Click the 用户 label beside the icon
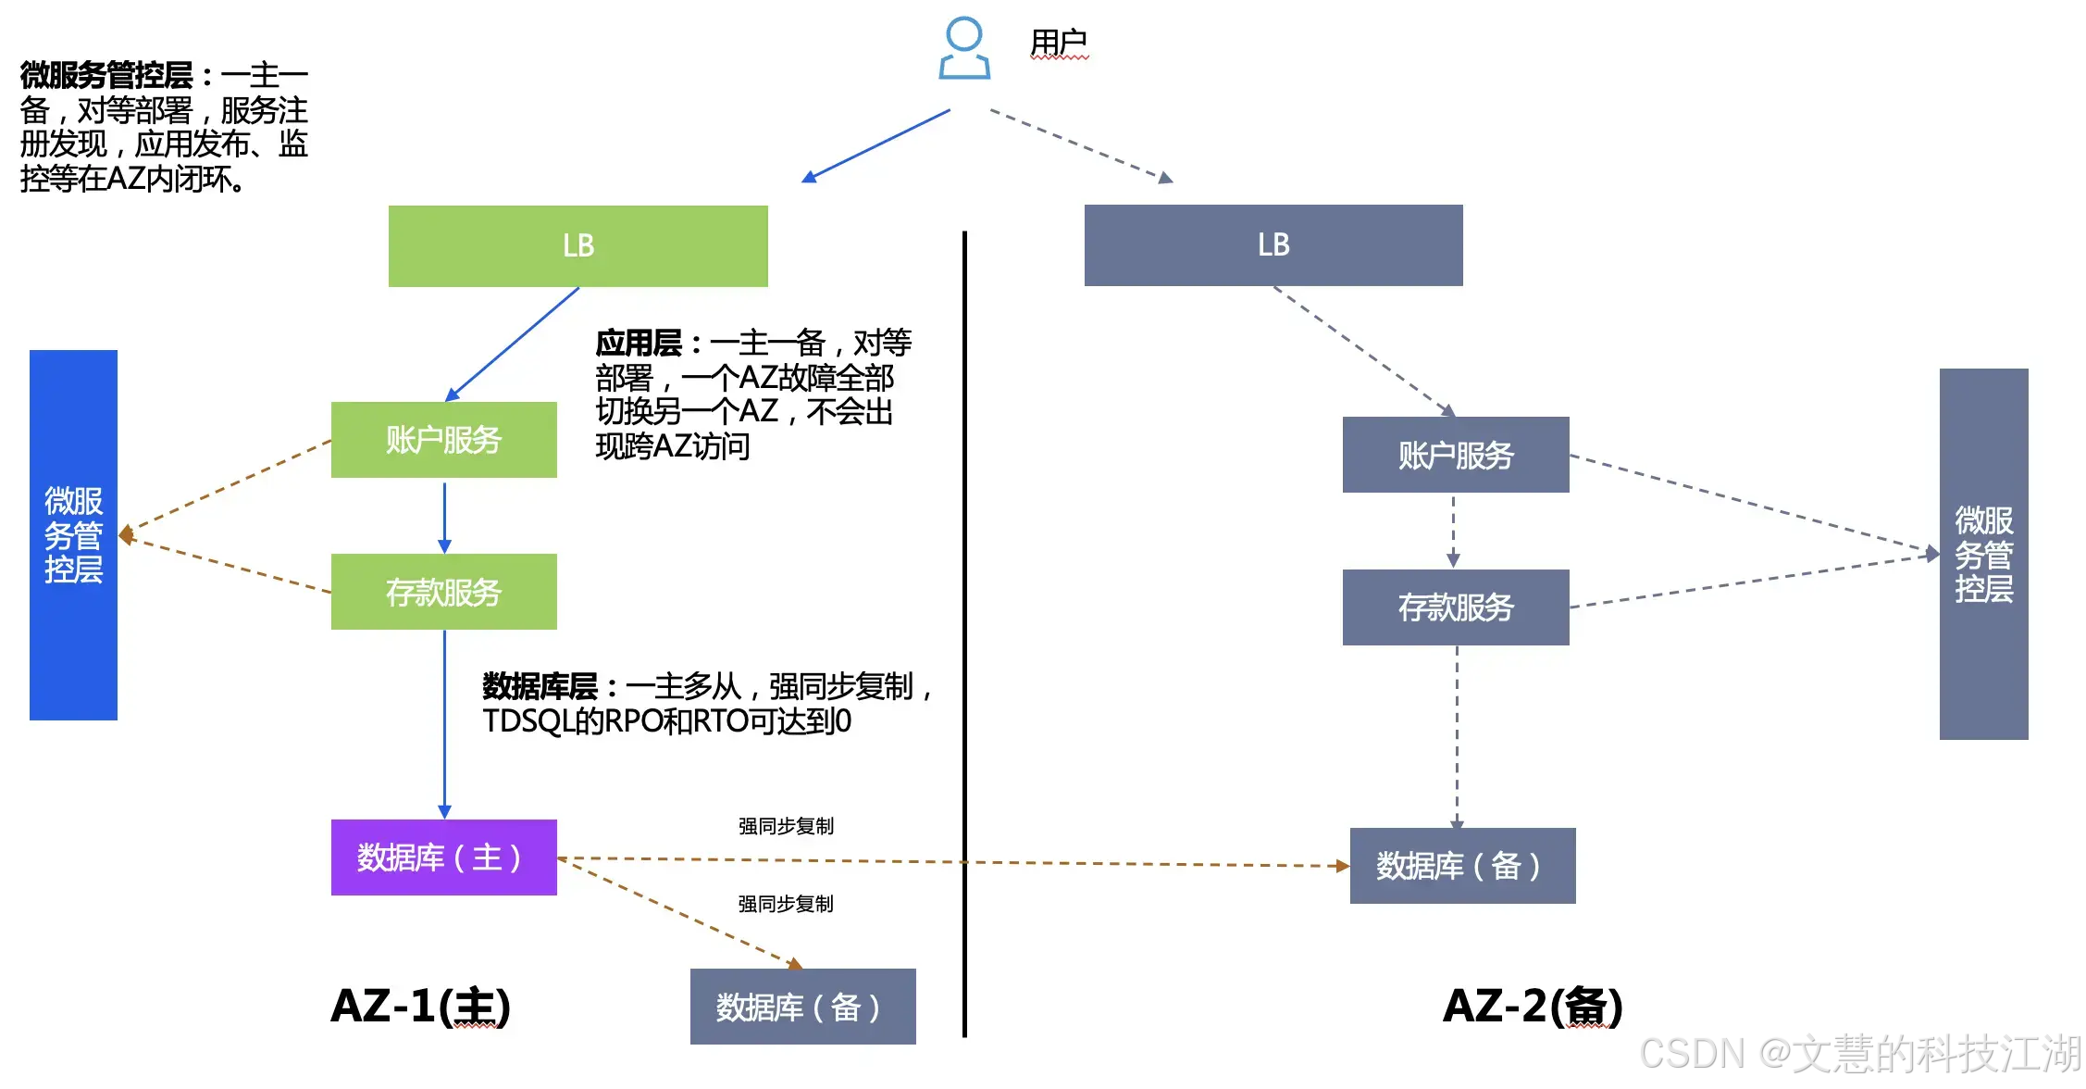(x=1059, y=43)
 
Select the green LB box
(x=577, y=245)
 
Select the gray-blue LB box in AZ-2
(x=1273, y=245)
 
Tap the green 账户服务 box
(x=443, y=440)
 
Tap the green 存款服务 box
(x=443, y=592)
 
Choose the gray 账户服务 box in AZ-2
(x=1456, y=455)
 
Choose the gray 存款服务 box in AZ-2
(x=1456, y=607)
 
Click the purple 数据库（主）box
(x=443, y=857)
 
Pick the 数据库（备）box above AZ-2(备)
(x=1462, y=866)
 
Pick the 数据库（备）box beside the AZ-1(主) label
(x=802, y=1007)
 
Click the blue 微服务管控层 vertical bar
(x=73, y=535)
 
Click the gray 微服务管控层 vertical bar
(x=1983, y=554)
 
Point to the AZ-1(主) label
(x=420, y=1007)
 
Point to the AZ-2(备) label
(x=1533, y=1007)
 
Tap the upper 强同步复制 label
(x=786, y=826)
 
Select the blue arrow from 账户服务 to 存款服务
(x=444, y=516)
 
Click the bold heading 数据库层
(x=540, y=687)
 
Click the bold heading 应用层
(x=639, y=344)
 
